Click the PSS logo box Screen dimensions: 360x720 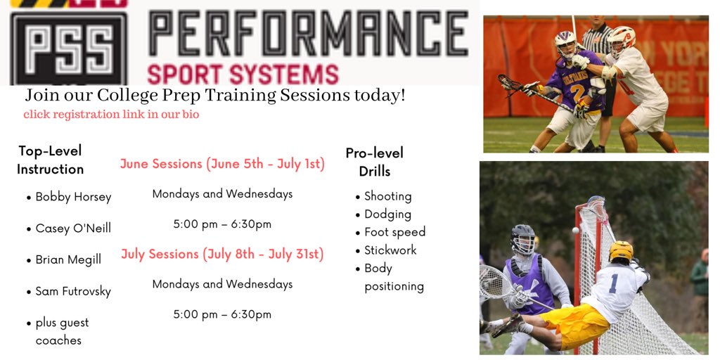[x=68, y=47]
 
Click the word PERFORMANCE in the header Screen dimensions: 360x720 [x=308, y=35]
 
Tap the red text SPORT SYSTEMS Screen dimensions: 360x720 [x=243, y=74]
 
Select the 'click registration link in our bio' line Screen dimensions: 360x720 [x=111, y=115]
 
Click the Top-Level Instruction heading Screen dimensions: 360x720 [x=50, y=160]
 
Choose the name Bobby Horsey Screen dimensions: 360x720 [x=73, y=197]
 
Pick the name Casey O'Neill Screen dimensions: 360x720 [x=73, y=229]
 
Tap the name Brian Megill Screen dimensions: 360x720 [x=68, y=259]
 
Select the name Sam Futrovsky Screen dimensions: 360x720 [x=73, y=291]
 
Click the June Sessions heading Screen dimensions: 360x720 [x=222, y=164]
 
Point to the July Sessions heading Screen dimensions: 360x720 [x=222, y=255]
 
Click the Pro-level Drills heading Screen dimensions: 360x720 [x=374, y=162]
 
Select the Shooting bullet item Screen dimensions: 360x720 [x=387, y=196]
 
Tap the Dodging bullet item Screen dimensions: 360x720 [x=387, y=214]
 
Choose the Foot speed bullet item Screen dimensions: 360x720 [x=394, y=232]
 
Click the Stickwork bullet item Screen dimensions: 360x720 [x=390, y=250]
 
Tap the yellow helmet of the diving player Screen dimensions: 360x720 [x=621, y=250]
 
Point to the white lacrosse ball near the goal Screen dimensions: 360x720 [x=575, y=231]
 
